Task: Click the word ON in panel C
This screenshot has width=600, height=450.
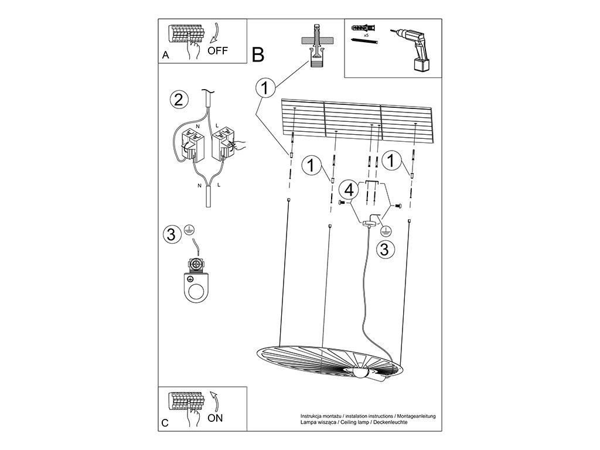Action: click(215, 418)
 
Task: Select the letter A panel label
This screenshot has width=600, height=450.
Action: click(165, 56)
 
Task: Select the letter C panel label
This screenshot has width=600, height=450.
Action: click(165, 423)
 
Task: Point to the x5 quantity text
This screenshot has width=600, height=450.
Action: click(366, 36)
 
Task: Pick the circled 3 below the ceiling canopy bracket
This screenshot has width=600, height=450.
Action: click(384, 249)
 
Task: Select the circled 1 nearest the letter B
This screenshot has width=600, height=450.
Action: click(265, 88)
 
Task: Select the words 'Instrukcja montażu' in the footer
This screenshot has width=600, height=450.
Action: click(320, 415)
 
